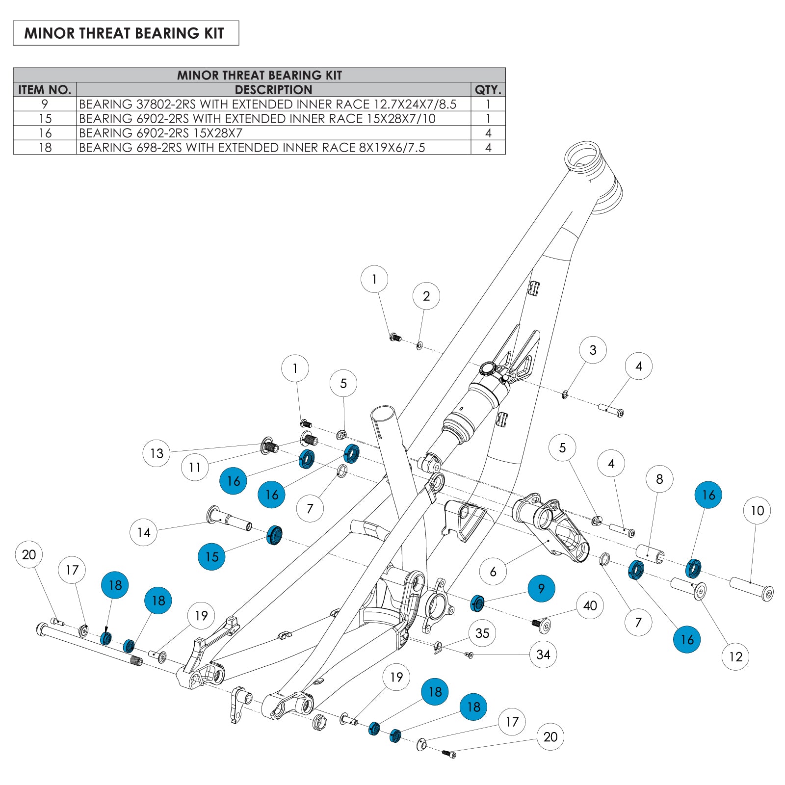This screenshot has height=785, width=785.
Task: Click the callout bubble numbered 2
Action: pyautogui.click(x=426, y=296)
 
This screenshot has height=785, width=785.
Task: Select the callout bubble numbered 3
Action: pyautogui.click(x=593, y=350)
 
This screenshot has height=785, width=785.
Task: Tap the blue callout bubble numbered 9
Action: pyautogui.click(x=541, y=588)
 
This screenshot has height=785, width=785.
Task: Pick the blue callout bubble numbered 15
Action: pyautogui.click(x=211, y=556)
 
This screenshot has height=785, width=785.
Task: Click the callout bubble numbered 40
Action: pyautogui.click(x=590, y=605)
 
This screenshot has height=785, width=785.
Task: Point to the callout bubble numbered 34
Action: pyautogui.click(x=543, y=654)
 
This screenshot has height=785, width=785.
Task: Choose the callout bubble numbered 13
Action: pyautogui.click(x=157, y=453)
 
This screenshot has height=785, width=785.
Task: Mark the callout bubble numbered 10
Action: pyautogui.click(x=757, y=511)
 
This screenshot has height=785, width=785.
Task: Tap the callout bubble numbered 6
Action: pyautogui.click(x=493, y=571)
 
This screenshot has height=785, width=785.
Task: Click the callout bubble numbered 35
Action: pyautogui.click(x=482, y=633)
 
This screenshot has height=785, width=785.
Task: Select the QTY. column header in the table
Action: pyautogui.click(x=488, y=90)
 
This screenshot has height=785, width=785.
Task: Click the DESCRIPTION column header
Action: pyautogui.click(x=273, y=90)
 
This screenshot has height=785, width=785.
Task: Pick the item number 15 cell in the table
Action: pyautogui.click(x=45, y=119)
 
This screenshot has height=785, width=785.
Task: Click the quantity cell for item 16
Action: pyautogui.click(x=488, y=133)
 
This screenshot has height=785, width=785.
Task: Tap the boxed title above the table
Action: pyautogui.click(x=126, y=33)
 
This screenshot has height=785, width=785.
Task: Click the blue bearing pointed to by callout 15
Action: pyautogui.click(x=274, y=534)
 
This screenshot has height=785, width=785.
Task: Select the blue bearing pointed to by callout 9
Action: pyautogui.click(x=477, y=603)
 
